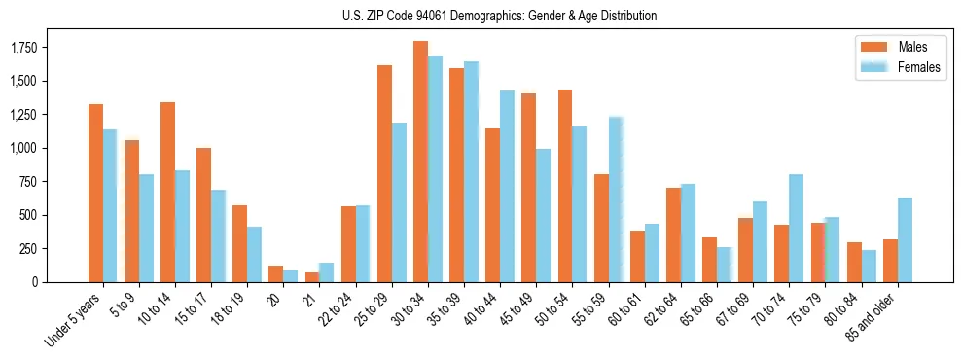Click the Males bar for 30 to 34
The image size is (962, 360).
coord(420,162)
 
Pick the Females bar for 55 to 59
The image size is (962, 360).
coord(616,199)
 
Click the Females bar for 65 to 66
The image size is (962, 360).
coord(724,265)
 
